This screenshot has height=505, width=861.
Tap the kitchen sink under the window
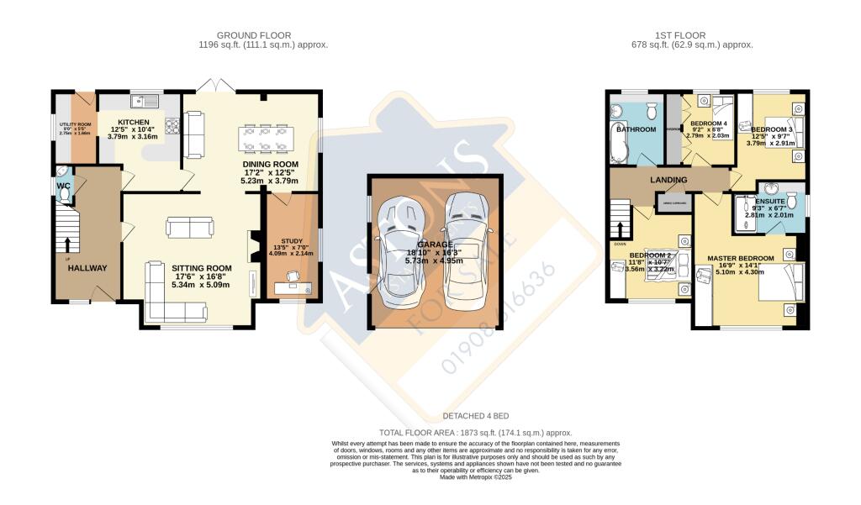click(x=151, y=102)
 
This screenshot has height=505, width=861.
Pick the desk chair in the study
click(x=293, y=276)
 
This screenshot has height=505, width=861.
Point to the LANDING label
click(x=668, y=180)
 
